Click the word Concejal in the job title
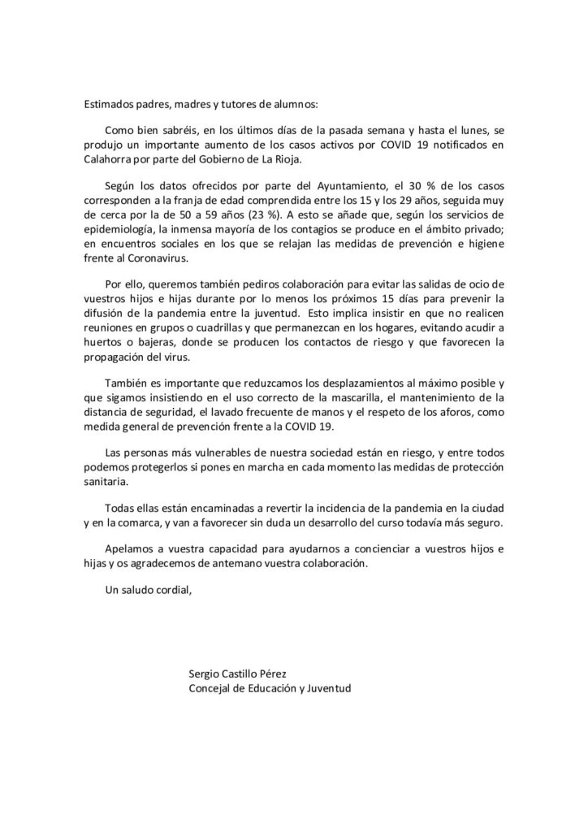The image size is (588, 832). [210, 688]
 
